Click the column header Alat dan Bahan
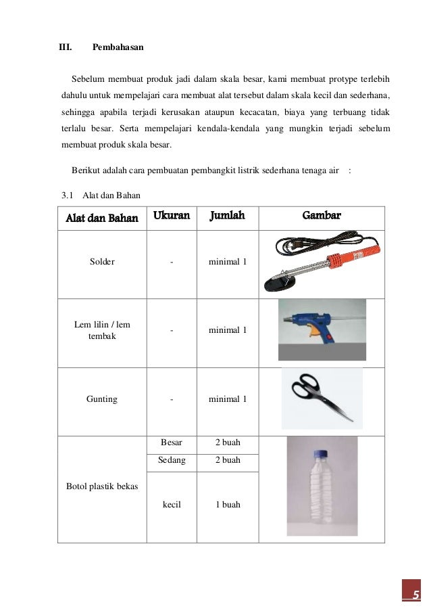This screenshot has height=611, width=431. [x=101, y=217]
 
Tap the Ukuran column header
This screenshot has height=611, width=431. [x=172, y=216]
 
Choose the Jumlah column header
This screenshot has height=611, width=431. [x=227, y=216]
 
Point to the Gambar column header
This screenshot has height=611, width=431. [x=321, y=216]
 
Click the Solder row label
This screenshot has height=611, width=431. [x=102, y=262]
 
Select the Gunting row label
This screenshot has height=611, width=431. [x=102, y=399]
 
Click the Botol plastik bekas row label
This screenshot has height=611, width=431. [x=101, y=486]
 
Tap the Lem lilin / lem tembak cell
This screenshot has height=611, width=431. [x=102, y=330]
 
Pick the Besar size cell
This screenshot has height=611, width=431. [x=171, y=443]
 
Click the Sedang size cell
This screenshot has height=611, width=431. [x=171, y=460]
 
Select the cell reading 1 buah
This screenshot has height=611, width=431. [x=228, y=505]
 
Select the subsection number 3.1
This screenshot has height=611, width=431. [x=67, y=196]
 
